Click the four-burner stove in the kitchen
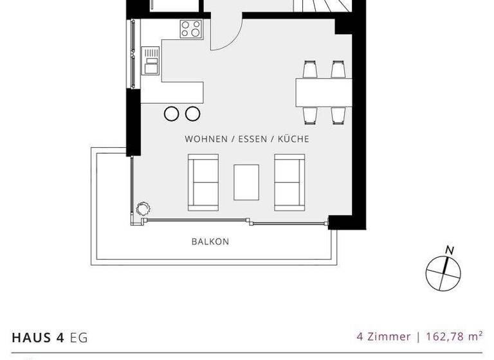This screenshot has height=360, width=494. tap(191, 29)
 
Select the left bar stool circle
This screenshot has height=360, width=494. tap(172, 114)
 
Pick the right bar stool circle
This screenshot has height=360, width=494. tap(192, 114)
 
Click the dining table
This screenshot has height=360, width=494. tap(324, 92)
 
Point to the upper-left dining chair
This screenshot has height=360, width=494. tap(310, 69)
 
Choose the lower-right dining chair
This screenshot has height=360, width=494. tap(338, 115)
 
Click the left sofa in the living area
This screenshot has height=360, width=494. tap(203, 183)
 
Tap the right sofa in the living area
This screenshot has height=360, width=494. tap(289, 183)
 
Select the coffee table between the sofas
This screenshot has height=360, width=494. tap(246, 182)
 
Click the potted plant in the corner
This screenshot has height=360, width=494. tap(143, 209)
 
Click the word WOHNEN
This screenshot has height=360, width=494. tap(205, 139)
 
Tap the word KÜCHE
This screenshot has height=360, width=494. tap(293, 139)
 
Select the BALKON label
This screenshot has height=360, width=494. tap(210, 242)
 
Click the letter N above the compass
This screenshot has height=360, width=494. tap(450, 250)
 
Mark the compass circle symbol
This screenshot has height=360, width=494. tap(443, 273)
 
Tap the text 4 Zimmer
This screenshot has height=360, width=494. tap(383, 336)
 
